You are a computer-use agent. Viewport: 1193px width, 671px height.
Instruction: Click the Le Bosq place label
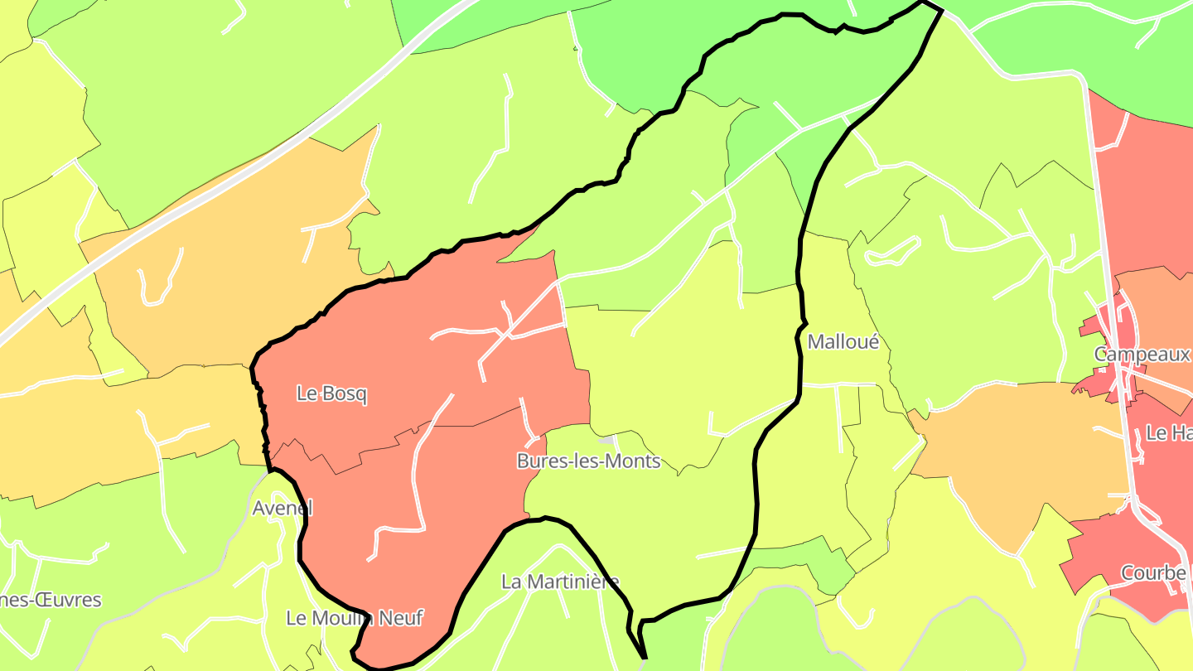[331, 394]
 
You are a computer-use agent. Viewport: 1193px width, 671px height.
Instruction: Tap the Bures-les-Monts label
[588, 461]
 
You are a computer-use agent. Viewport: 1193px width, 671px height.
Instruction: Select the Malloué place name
[843, 341]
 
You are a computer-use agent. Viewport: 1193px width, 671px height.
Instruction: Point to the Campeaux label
[1142, 355]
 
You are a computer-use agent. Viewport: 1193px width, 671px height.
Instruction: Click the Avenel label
[283, 508]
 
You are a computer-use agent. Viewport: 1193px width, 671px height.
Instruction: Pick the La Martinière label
[560, 582]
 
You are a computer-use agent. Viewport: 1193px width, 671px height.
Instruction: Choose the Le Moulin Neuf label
[355, 618]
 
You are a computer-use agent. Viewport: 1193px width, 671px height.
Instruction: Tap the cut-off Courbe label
[1153, 573]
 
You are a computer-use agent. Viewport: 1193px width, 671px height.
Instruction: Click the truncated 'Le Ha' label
[1168, 432]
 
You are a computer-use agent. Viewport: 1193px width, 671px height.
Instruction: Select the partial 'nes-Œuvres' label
[51, 600]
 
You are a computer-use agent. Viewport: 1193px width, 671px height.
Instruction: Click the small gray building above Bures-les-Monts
[607, 439]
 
